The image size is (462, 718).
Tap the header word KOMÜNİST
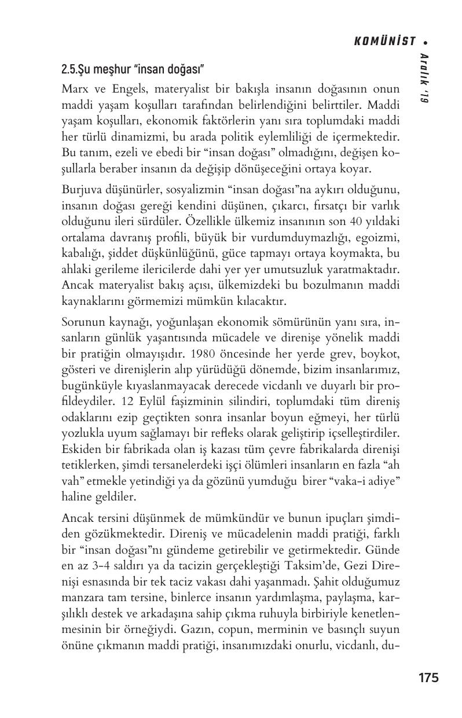point(385,41)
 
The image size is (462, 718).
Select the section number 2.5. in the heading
point(70,70)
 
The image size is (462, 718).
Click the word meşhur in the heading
point(109,70)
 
